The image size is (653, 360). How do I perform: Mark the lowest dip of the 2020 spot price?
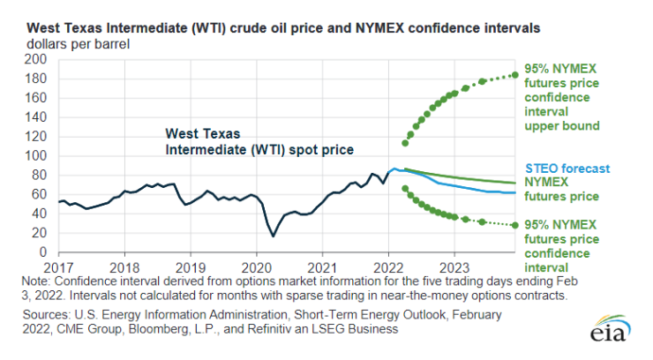pyautogui.click(x=273, y=236)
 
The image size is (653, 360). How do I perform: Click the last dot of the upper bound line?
pyautogui.click(x=514, y=75)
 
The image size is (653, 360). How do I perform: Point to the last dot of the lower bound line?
pyautogui.click(x=514, y=225)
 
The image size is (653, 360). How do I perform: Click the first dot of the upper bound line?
pyautogui.click(x=405, y=143)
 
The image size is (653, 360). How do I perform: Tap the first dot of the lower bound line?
pyautogui.click(x=405, y=188)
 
